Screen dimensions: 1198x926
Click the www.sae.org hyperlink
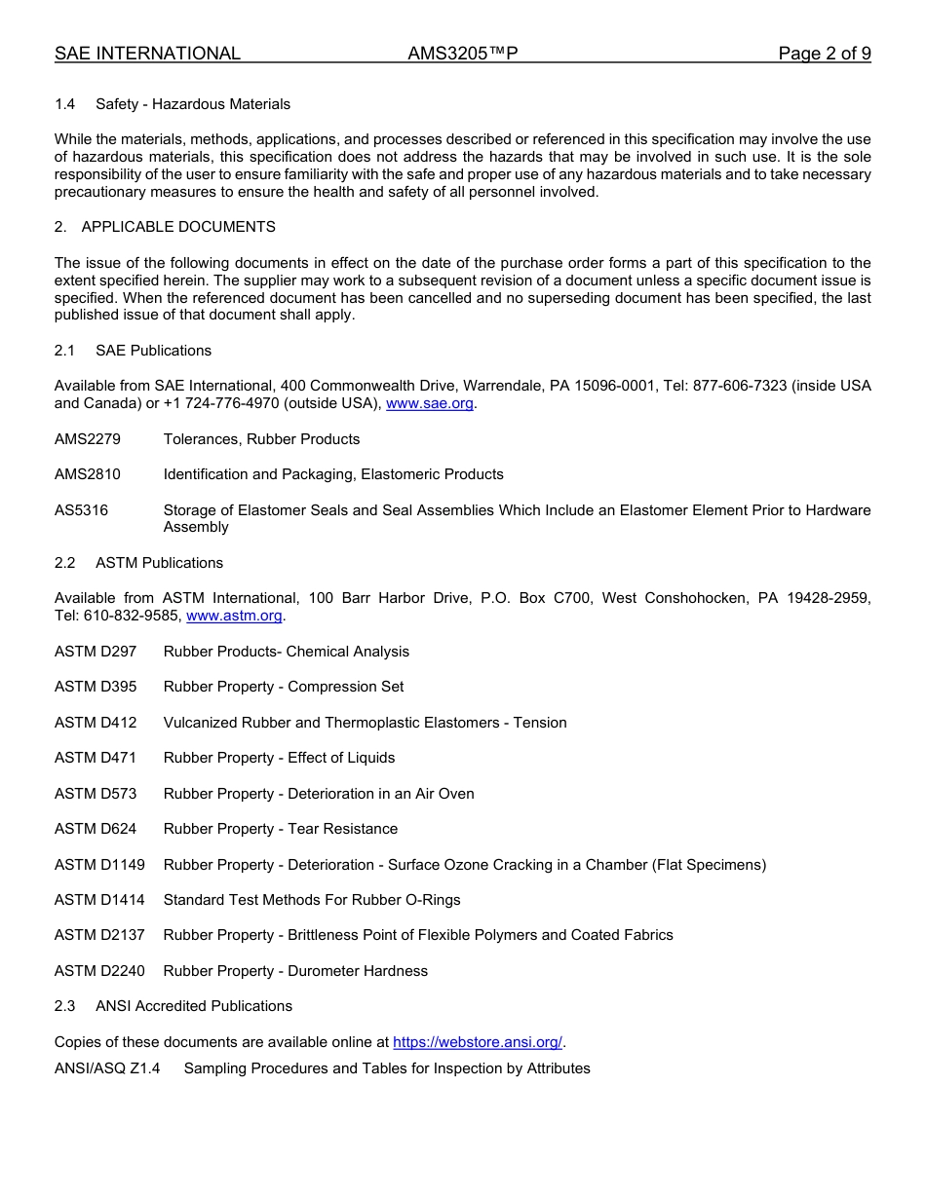click(431, 403)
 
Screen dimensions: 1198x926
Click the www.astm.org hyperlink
click(234, 616)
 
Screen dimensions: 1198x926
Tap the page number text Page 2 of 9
click(824, 54)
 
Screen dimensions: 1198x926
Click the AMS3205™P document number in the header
click(462, 54)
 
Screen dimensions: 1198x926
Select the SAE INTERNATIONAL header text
click(147, 54)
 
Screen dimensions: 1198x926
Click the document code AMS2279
click(88, 439)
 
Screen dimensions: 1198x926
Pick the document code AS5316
click(81, 510)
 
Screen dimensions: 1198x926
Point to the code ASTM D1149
click(99, 865)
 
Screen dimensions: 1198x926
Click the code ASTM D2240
click(99, 971)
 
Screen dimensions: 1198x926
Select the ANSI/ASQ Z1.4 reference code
click(107, 1068)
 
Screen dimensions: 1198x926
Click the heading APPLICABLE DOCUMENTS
click(178, 227)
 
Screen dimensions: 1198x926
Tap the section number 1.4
click(65, 104)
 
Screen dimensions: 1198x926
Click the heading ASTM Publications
click(159, 563)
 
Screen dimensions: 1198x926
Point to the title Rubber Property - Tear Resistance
click(281, 829)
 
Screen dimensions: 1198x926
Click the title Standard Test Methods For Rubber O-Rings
click(312, 900)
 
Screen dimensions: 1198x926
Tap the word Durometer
click(323, 971)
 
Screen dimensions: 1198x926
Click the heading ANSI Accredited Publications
click(194, 1006)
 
